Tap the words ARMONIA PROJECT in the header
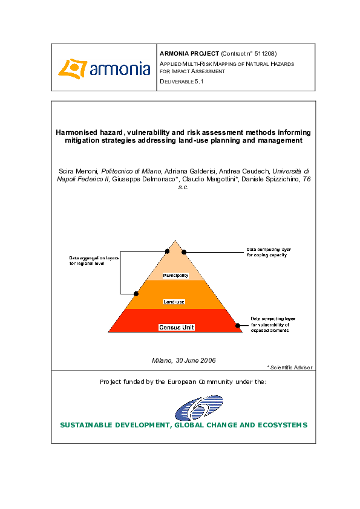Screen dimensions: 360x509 point(189,54)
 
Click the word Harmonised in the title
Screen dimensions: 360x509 point(79,131)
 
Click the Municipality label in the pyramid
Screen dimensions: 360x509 point(176,276)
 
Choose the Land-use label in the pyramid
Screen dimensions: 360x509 point(174,300)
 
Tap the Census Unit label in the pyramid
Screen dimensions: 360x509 point(177,327)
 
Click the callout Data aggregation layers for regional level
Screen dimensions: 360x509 point(90,261)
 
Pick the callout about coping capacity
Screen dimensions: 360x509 point(270,252)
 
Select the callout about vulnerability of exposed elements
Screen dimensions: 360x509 point(273,325)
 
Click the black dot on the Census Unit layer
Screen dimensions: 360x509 point(238,325)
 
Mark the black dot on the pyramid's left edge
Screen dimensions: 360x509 point(136,293)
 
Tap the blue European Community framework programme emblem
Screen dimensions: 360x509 point(199,408)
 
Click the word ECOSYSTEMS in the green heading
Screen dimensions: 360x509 point(279,425)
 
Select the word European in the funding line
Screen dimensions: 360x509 point(180,382)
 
